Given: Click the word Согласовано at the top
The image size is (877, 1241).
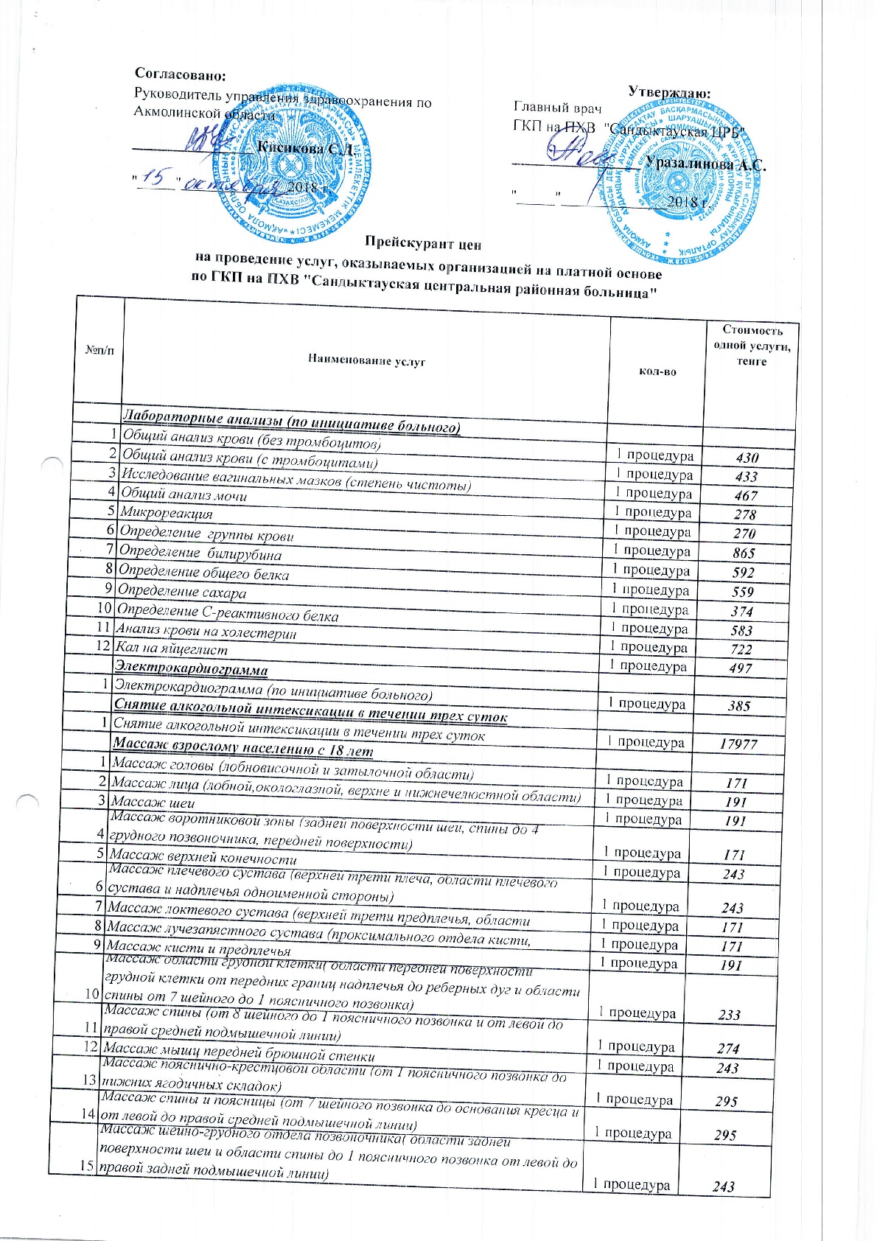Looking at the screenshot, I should [180, 74].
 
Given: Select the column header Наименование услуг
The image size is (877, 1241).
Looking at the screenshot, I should [366, 361].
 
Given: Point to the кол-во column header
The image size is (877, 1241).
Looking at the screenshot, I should [657, 371].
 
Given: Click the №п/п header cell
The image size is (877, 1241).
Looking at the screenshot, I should [100, 349].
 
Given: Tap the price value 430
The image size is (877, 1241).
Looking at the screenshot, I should [747, 458].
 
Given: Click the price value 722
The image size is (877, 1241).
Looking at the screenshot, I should [741, 649].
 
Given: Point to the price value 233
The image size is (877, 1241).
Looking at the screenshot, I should [730, 1015].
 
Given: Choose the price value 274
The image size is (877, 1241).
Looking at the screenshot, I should [729, 1049].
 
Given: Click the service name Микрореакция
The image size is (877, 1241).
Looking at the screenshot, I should [167, 513].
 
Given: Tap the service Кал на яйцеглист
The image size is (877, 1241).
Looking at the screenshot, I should [171, 649].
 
